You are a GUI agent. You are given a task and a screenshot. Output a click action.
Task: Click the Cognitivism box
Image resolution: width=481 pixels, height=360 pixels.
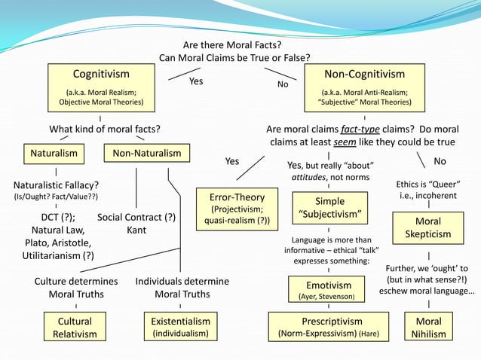tap(100, 87)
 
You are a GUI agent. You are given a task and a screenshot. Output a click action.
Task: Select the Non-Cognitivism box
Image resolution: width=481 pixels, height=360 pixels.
tap(364, 87)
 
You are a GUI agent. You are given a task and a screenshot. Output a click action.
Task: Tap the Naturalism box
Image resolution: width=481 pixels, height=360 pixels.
tap(54, 153)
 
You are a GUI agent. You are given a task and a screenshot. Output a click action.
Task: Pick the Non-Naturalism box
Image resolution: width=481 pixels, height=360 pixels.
tap(146, 153)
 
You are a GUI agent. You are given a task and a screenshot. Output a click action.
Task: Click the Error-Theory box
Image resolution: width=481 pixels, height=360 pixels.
tap(237, 209)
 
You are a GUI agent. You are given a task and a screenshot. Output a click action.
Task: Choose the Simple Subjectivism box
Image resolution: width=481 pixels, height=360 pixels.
tap(329, 208)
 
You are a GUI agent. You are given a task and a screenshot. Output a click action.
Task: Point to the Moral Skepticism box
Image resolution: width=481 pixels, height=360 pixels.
tap(427, 227)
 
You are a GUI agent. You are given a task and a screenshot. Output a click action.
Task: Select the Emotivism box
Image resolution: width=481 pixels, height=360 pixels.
tap(329, 290)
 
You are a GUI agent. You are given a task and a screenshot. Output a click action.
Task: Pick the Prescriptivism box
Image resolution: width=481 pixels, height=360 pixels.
tap(329, 327)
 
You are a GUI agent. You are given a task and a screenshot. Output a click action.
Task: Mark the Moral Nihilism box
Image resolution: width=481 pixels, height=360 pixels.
tap(428, 328)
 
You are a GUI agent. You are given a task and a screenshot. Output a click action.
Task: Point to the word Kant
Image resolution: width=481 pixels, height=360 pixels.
tap(136, 230)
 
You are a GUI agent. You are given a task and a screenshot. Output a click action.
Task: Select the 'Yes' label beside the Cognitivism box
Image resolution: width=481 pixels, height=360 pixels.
tap(196, 81)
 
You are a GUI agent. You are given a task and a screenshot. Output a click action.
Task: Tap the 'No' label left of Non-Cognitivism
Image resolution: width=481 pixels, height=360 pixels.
tap(283, 84)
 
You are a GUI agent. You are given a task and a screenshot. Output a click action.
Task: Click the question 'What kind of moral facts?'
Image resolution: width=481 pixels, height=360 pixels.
tap(104, 128)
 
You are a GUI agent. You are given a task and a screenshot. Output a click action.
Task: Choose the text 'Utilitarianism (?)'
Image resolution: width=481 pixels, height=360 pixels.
tap(57, 255)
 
